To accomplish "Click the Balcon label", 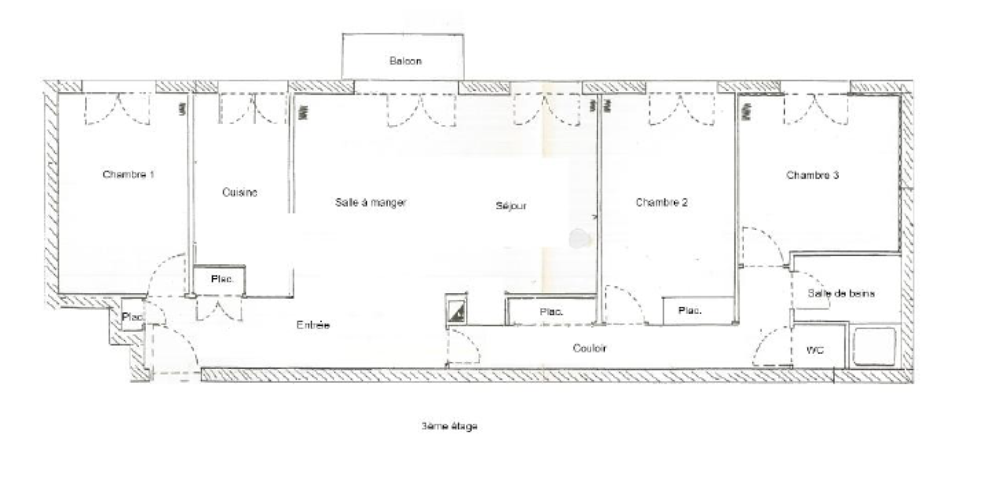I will (x=405, y=61).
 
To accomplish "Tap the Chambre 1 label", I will (x=128, y=174).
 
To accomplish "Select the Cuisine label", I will (x=240, y=192).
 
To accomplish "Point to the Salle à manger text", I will (x=371, y=202).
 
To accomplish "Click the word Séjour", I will (x=511, y=205).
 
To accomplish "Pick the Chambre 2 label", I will (x=662, y=202).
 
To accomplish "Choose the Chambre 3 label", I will (x=812, y=175).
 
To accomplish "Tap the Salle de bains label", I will (x=841, y=293).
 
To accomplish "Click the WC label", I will (x=815, y=350).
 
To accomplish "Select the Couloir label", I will (x=589, y=348).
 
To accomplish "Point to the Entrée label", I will (x=313, y=325).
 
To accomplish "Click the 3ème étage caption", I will (x=449, y=426).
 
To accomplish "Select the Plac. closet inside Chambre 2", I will (x=691, y=311).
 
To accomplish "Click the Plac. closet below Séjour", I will (x=551, y=311).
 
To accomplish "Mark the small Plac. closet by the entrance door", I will (x=131, y=318).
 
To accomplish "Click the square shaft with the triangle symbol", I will (x=455, y=309).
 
